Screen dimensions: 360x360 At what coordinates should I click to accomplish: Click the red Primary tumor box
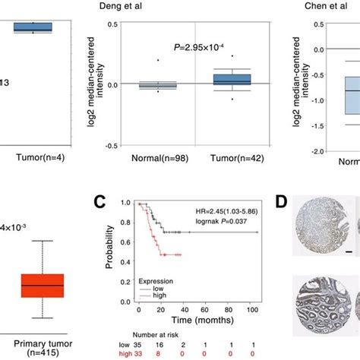pyautogui.click(x=43, y=285)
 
